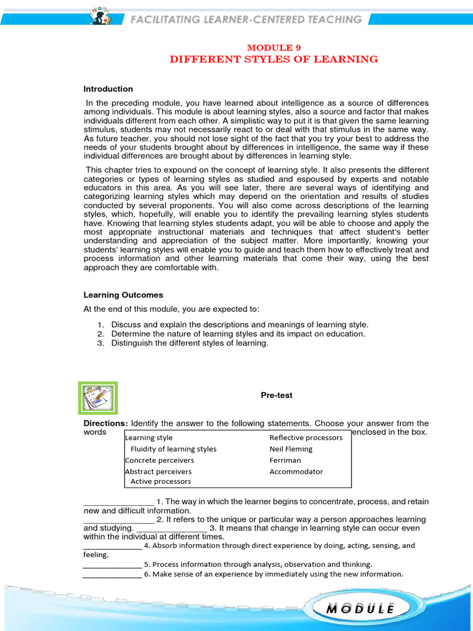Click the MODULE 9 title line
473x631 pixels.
(x=274, y=47)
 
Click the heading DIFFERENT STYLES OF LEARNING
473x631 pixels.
(x=274, y=59)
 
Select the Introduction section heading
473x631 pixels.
(x=108, y=89)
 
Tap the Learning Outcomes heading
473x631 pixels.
(x=123, y=295)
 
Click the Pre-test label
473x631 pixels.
(x=277, y=396)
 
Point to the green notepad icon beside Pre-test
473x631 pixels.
(x=98, y=397)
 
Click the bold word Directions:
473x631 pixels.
(x=106, y=423)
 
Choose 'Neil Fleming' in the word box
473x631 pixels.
(x=291, y=449)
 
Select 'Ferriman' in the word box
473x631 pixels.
(x=285, y=460)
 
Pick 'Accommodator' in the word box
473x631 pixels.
(x=296, y=471)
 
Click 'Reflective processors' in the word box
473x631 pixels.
(x=306, y=438)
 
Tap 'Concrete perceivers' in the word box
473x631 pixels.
(x=160, y=460)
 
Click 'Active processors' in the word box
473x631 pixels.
(x=161, y=481)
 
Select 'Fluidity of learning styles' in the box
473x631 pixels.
(x=174, y=449)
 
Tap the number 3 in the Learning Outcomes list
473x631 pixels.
(x=101, y=343)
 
